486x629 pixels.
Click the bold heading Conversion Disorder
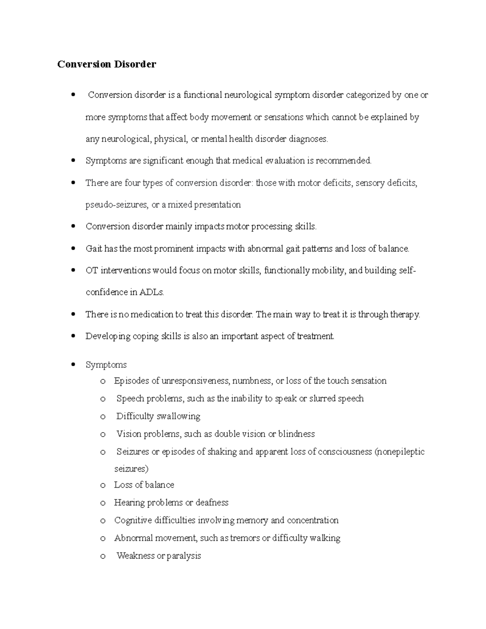click(x=107, y=64)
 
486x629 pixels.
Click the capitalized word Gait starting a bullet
click(x=94, y=249)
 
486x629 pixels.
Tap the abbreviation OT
click(x=92, y=271)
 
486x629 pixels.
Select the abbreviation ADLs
click(x=151, y=292)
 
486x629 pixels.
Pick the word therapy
click(x=405, y=315)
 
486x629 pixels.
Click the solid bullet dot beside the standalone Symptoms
click(x=73, y=365)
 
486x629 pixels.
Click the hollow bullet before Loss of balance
click(x=103, y=485)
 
